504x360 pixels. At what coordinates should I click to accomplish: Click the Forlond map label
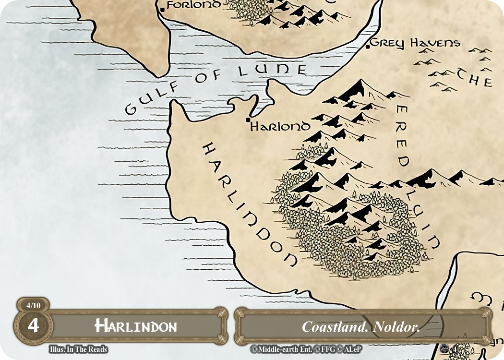tap(194, 5)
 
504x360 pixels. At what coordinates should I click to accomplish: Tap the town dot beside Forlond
tap(162, 9)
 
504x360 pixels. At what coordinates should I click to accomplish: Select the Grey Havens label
tap(415, 43)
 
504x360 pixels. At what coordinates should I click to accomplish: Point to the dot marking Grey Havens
tap(368, 46)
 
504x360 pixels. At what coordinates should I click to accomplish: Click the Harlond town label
tap(280, 127)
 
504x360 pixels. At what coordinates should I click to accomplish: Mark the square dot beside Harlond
tap(248, 120)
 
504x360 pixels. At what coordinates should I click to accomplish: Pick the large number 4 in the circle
tap(33, 325)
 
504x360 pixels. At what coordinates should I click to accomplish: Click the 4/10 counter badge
tap(33, 305)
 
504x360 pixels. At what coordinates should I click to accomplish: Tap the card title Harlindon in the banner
tap(136, 326)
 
